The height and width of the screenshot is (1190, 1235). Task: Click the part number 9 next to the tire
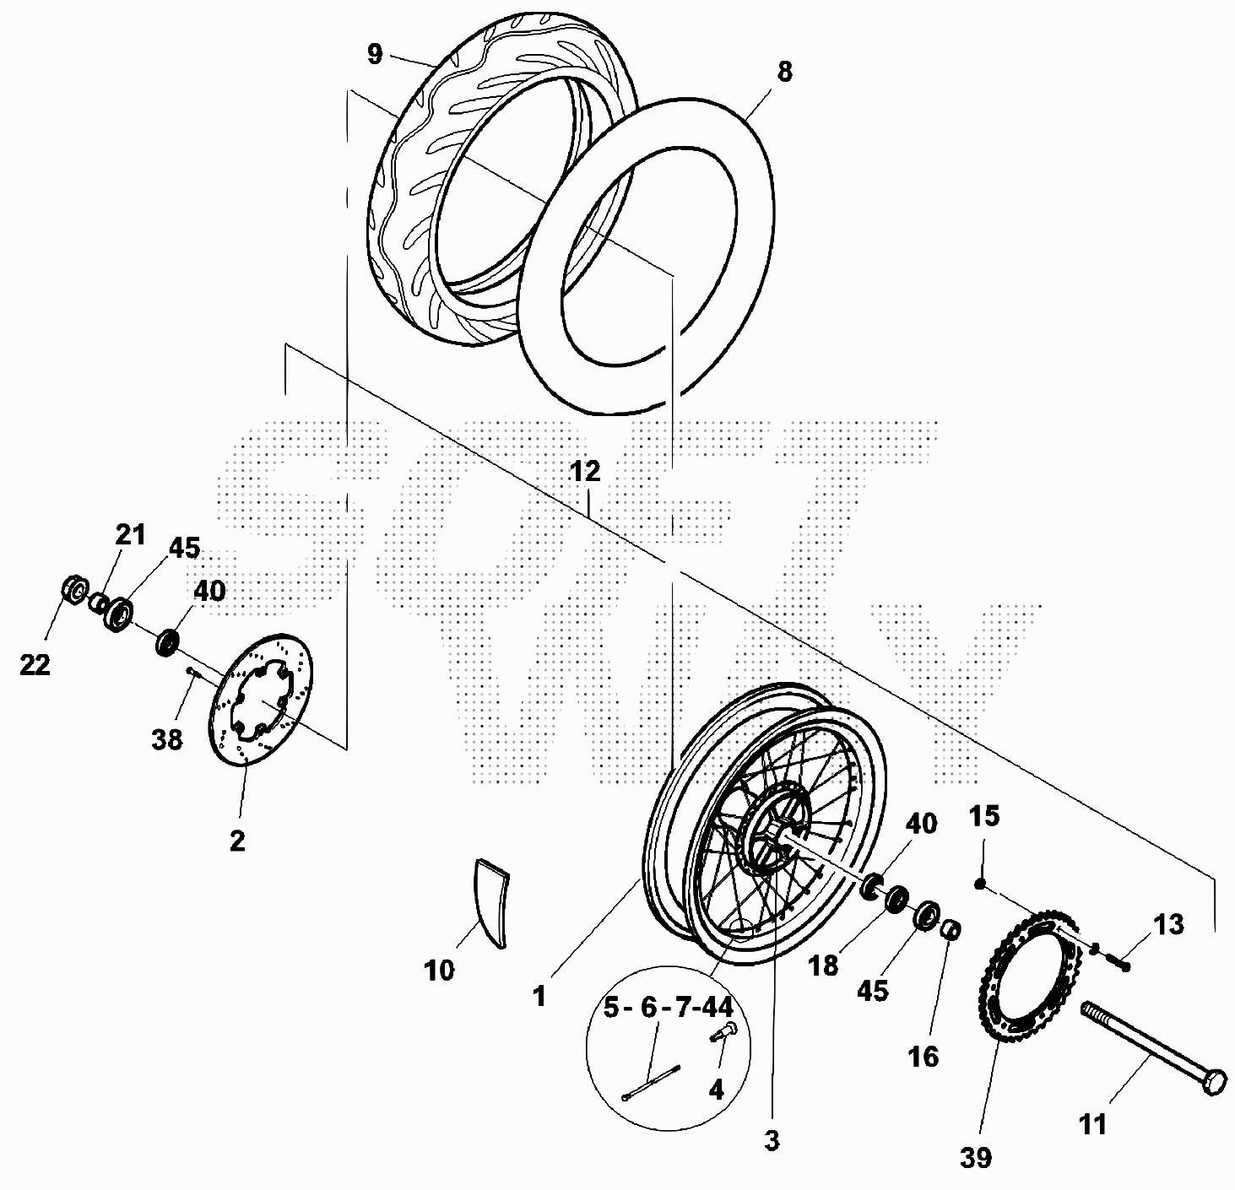click(x=375, y=55)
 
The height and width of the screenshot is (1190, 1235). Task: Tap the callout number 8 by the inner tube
click(x=784, y=73)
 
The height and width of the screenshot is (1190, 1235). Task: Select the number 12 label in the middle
click(x=584, y=471)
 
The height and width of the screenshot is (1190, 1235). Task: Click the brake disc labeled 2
click(x=262, y=700)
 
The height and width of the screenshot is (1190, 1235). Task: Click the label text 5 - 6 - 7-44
click(x=668, y=1007)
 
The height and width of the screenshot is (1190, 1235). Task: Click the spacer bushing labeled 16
click(x=950, y=930)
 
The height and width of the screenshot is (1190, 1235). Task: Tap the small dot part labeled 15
click(x=981, y=884)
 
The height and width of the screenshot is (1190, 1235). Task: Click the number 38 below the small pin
click(x=167, y=739)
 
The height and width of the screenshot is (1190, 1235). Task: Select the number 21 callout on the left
click(x=130, y=534)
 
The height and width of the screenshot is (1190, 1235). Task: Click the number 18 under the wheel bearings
click(x=823, y=966)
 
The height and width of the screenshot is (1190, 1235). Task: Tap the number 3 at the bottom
click(x=771, y=1141)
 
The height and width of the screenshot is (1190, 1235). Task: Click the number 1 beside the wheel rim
click(x=539, y=997)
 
